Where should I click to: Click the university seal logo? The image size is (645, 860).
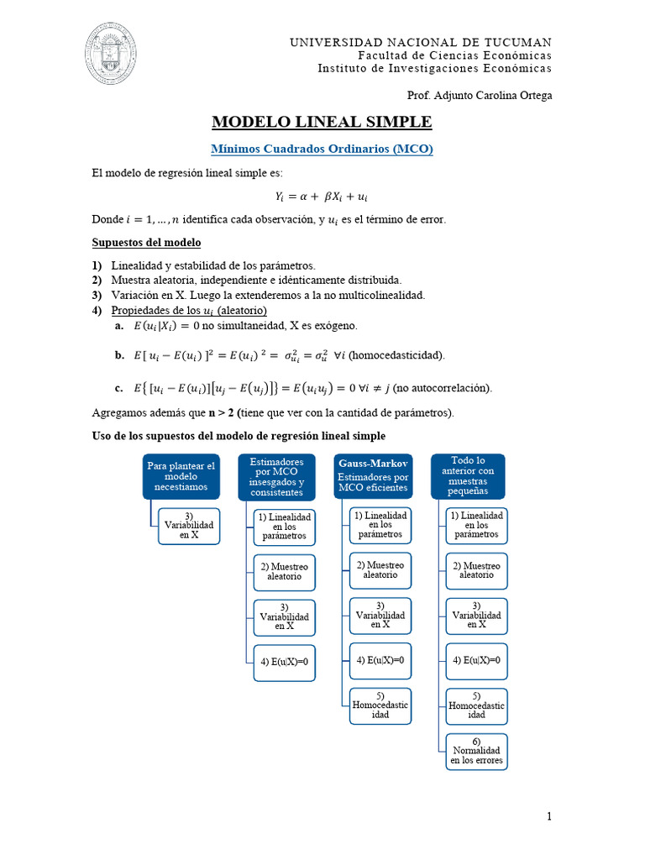(x=111, y=54)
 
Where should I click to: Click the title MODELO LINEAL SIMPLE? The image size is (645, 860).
(x=322, y=123)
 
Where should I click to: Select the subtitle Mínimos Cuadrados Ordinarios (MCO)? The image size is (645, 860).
(x=322, y=149)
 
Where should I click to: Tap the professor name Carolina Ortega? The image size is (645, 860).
(x=515, y=96)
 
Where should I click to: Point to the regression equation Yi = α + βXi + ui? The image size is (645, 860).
(x=322, y=197)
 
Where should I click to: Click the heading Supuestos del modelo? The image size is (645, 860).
(x=146, y=243)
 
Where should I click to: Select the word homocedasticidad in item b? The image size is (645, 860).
(x=396, y=355)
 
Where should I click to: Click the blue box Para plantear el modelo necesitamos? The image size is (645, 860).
(x=181, y=477)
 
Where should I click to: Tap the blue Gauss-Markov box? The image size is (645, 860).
(x=373, y=476)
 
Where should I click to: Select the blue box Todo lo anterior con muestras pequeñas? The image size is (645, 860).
(x=468, y=476)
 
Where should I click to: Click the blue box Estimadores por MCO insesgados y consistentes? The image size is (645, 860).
(x=276, y=476)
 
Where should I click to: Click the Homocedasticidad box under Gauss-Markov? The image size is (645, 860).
(x=380, y=705)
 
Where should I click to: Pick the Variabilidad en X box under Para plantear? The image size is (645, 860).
(x=189, y=526)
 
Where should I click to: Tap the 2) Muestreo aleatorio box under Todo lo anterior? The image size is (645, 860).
(x=476, y=570)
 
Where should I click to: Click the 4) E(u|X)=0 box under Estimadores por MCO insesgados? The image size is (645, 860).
(x=285, y=661)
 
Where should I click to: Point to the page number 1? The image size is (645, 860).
(x=548, y=816)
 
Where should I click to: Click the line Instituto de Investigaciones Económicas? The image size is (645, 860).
(x=434, y=68)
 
